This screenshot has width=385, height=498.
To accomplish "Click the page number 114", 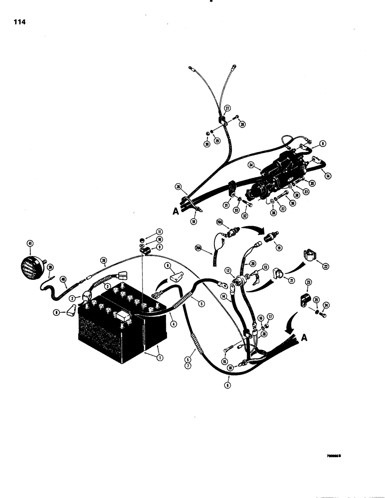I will pyautogui.click(x=20, y=22).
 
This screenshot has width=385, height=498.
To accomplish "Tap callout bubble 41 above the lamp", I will pyautogui.click(x=30, y=243).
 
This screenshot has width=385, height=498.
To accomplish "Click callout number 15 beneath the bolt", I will pyautogui.click(x=224, y=362).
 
